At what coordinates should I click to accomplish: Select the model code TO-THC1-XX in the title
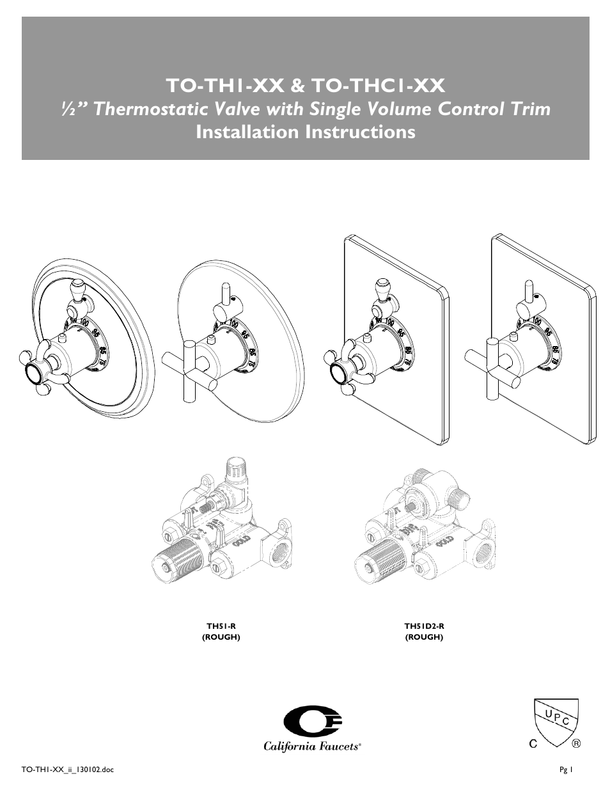(378, 84)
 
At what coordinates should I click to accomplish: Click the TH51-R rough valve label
(221, 627)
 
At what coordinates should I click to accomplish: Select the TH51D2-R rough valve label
(424, 627)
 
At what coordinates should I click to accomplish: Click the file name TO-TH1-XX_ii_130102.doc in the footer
(68, 770)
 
